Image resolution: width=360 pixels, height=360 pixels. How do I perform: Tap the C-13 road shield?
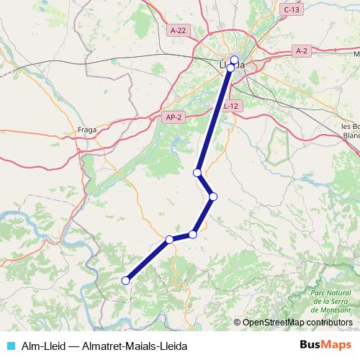(291, 9)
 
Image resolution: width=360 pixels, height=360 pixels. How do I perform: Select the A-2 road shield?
(302, 51)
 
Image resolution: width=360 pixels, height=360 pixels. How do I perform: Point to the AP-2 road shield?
(172, 117)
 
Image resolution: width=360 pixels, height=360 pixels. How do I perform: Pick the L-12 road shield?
(230, 106)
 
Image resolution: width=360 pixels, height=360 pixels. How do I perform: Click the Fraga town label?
(87, 130)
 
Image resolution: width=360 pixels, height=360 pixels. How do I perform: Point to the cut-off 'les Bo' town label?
(351, 127)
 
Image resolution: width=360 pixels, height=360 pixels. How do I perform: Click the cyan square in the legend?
(9, 346)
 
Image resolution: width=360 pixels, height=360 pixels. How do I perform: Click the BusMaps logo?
(325, 345)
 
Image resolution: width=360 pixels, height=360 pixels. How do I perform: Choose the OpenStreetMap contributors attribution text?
(297, 322)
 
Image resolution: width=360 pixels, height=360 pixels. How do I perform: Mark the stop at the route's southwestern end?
(125, 281)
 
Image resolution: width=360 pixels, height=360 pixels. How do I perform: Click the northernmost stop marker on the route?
(234, 60)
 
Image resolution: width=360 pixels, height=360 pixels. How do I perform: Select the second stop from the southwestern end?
(169, 240)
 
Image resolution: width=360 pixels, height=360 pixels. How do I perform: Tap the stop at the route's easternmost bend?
(213, 196)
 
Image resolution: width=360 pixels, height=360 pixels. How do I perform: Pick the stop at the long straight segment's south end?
(197, 173)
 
